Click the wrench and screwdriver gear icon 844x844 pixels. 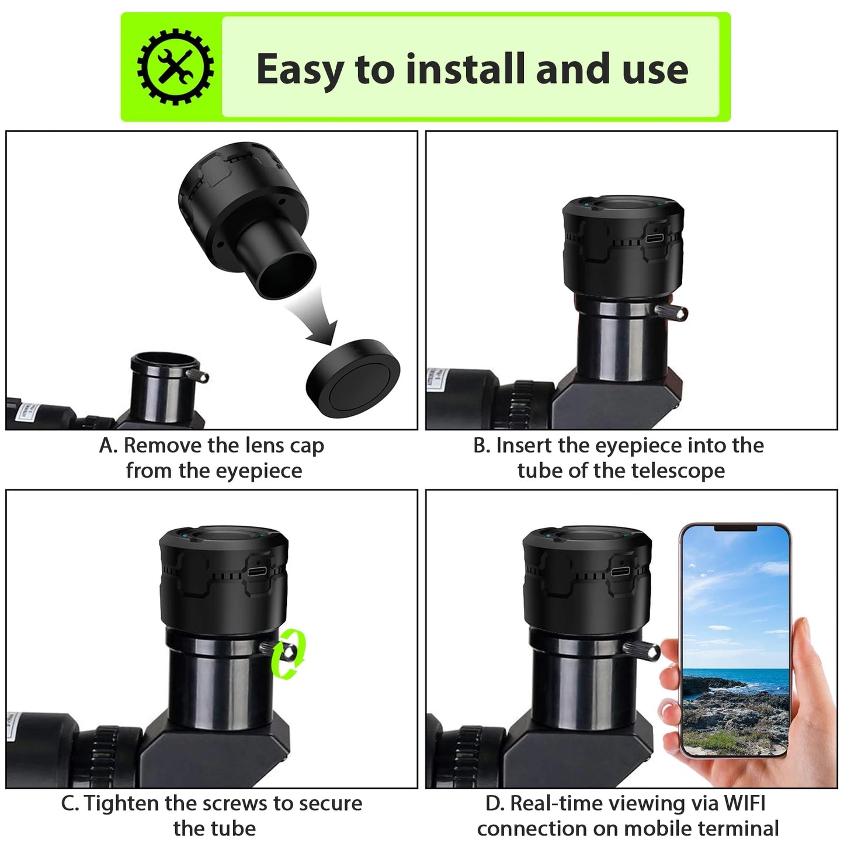pos(175,67)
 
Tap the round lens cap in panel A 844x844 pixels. pos(354,377)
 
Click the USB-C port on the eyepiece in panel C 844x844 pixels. pos(257,571)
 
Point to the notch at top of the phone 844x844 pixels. pos(735,528)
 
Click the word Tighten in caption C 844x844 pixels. pos(122,804)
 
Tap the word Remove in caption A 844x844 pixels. pos(162,446)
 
